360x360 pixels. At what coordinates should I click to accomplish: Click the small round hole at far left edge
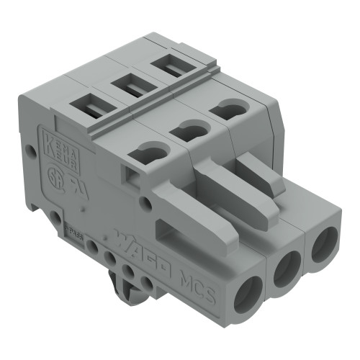[30, 152]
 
